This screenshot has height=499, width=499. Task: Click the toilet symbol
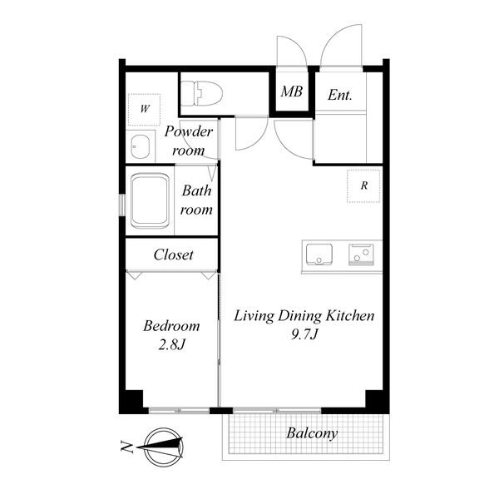[202, 93]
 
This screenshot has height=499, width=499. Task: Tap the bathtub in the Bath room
[150, 200]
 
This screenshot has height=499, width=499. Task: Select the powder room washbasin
[141, 146]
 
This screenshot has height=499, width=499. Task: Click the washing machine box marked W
[144, 110]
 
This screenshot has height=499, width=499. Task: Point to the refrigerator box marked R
[363, 185]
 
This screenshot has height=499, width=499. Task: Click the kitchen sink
[319, 254]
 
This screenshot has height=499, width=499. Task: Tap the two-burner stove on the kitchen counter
[361, 254]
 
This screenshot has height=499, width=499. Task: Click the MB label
[292, 91]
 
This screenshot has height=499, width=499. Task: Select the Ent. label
[340, 95]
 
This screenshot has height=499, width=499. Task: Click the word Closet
[174, 254]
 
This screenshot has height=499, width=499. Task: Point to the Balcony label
[312, 433]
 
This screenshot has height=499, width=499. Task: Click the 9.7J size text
[304, 334]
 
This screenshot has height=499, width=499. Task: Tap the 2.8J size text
[172, 344]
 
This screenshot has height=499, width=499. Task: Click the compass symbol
[163, 447]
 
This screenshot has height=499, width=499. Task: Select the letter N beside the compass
[126, 447]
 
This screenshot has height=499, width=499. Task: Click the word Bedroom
[171, 326]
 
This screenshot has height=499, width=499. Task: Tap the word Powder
[189, 131]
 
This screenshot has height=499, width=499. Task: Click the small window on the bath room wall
[122, 205]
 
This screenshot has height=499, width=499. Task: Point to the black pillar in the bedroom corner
[131, 402]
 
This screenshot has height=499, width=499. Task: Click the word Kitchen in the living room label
[350, 316]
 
